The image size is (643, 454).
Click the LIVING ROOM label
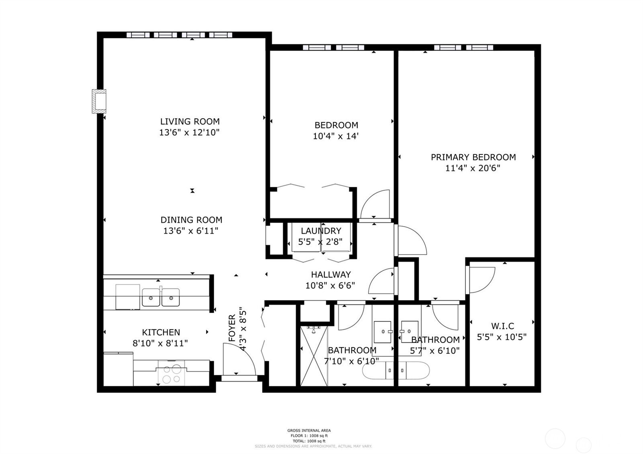tap(190, 121)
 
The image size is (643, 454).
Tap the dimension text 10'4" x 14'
tap(336, 136)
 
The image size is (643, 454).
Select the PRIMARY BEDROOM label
tap(473, 157)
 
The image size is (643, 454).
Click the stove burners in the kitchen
tap(172, 374)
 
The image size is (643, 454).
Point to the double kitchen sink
tap(161, 298)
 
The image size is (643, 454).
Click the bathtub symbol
tap(396, 370)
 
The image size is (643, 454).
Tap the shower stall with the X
tap(314, 355)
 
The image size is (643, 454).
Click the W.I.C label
tap(502, 326)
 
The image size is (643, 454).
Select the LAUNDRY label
tap(321, 231)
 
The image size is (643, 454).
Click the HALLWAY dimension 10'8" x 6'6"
tap(330, 286)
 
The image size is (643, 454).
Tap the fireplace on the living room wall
tap(99, 101)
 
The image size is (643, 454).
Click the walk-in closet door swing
tap(481, 280)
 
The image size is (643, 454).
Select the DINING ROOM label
tap(191, 220)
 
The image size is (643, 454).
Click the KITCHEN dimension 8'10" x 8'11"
tap(160, 343)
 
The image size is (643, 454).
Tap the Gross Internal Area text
tap(309, 430)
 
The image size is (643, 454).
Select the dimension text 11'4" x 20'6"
tap(473, 168)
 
